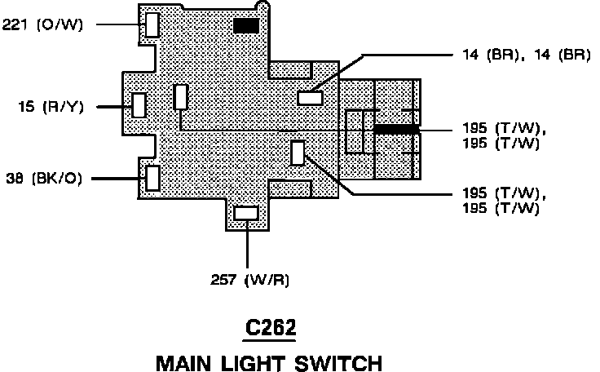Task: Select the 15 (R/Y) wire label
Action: pyautogui.click(x=49, y=106)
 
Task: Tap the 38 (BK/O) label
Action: pyautogui.click(x=45, y=177)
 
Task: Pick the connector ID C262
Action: pyautogui.click(x=271, y=329)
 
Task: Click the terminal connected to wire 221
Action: pyautogui.click(x=152, y=24)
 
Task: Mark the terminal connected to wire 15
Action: pyautogui.click(x=139, y=105)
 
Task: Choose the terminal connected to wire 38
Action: pyautogui.click(x=152, y=177)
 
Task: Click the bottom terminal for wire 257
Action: pyautogui.click(x=246, y=213)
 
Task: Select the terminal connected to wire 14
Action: pyautogui.click(x=311, y=98)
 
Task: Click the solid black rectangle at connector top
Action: pyautogui.click(x=246, y=26)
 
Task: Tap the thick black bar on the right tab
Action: pyautogui.click(x=396, y=129)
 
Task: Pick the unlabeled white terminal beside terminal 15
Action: pyautogui.click(x=181, y=97)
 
